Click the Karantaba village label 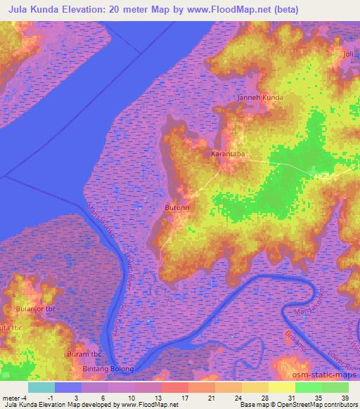(227, 152)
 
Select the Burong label (177, 208)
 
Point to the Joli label (348, 53)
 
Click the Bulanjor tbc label (35, 309)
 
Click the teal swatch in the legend (41, 387)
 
